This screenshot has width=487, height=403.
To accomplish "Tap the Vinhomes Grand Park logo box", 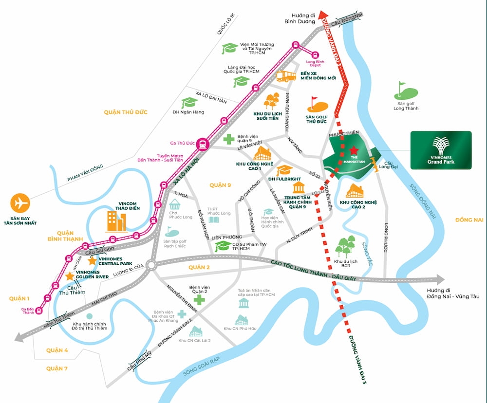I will coord(441,150).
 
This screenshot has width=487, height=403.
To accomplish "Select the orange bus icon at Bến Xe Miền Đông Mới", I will coord(286,76).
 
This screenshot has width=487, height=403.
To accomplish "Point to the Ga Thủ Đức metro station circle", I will coord(203,144).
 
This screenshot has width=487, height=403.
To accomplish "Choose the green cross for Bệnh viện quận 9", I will coord(229,139).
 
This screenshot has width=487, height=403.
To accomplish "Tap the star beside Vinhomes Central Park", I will coord(92,260).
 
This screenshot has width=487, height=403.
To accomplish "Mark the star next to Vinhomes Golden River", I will coord(70,276).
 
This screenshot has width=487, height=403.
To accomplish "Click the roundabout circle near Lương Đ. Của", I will coord(150,265).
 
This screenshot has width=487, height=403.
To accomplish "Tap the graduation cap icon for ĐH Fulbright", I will coord(284,170).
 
